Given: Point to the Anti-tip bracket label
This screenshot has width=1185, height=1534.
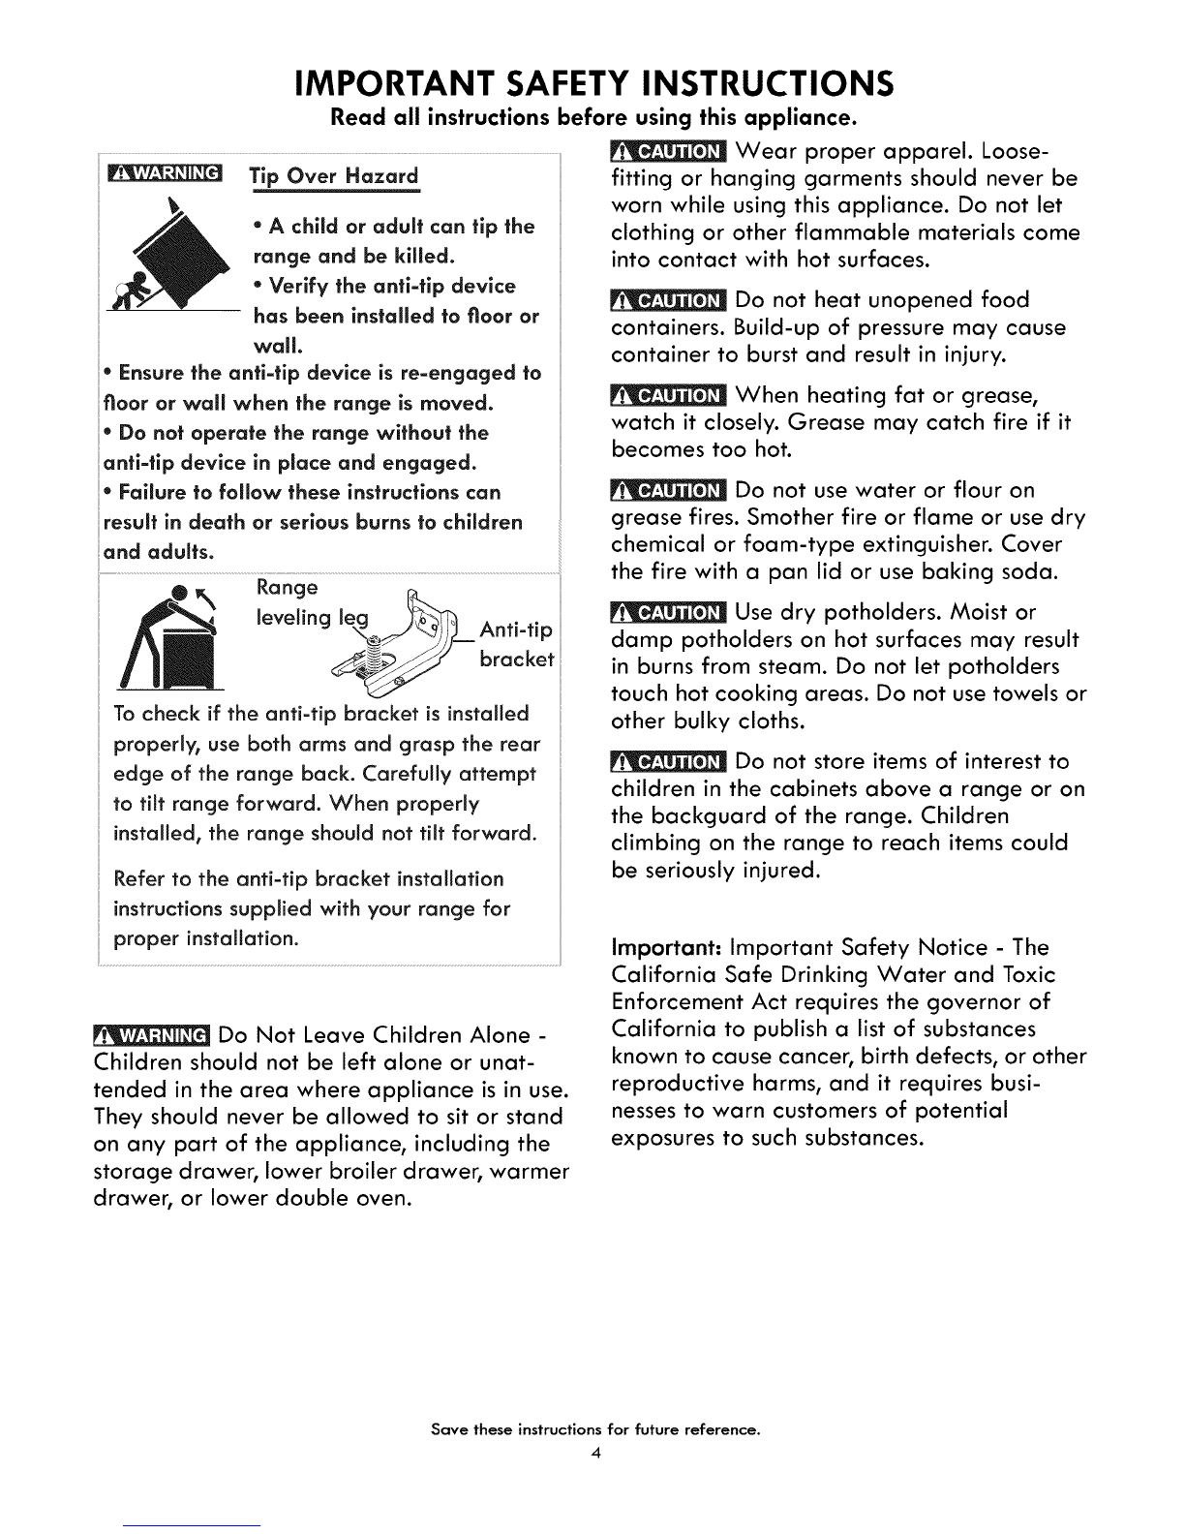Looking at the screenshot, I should tap(517, 645).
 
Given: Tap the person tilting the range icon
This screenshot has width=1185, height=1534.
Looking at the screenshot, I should tap(174, 631).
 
